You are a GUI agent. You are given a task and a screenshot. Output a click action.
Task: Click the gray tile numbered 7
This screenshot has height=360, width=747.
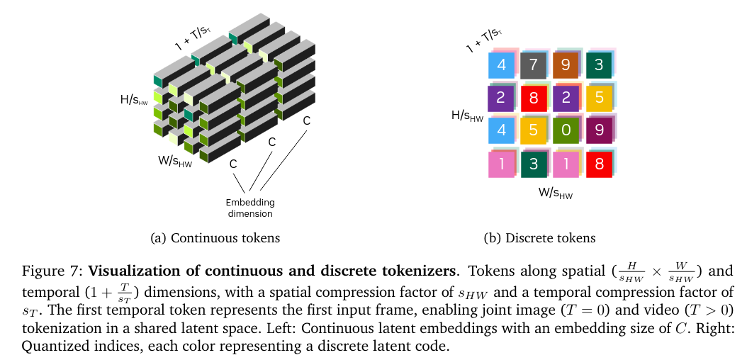(x=534, y=65)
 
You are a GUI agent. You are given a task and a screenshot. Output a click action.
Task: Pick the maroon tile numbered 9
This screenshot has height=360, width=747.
(x=599, y=131)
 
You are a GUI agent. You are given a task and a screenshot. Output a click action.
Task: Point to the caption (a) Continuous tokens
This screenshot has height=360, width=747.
(x=216, y=238)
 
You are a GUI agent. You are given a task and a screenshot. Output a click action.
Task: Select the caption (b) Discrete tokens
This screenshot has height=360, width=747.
(x=539, y=238)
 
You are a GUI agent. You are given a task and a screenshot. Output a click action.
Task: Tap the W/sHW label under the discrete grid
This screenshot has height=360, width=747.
(x=556, y=192)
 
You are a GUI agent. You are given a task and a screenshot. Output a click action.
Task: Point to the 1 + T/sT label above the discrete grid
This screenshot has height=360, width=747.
(x=484, y=41)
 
